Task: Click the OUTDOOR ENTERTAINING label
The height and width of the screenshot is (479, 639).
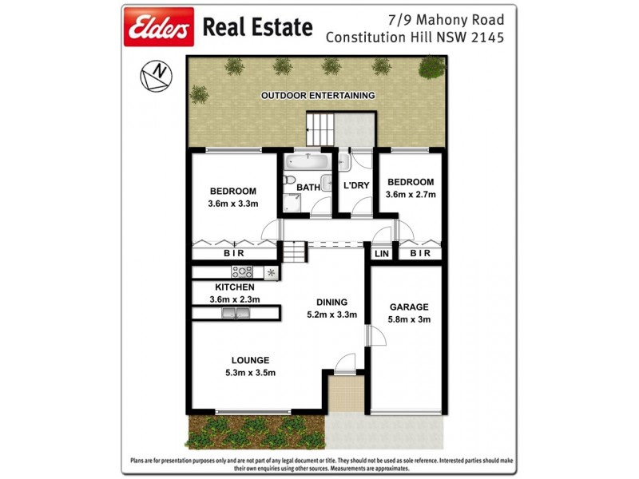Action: click(318, 96)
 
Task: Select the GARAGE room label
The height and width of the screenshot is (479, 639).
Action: click(408, 307)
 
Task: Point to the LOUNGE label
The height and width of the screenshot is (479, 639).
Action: click(251, 360)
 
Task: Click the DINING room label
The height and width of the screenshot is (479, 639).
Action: click(331, 302)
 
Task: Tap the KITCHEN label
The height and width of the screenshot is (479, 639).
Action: click(235, 287)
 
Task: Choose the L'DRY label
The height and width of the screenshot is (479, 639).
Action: click(354, 187)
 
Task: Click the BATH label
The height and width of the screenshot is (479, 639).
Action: click(308, 188)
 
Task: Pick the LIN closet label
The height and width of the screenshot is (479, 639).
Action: click(380, 253)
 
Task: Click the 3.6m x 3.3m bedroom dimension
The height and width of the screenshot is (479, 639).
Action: click(232, 204)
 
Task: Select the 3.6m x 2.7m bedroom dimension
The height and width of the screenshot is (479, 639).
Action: click(410, 195)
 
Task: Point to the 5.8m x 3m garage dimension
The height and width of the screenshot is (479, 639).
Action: click(408, 321)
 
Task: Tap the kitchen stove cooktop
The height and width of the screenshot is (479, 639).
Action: click(242, 272)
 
